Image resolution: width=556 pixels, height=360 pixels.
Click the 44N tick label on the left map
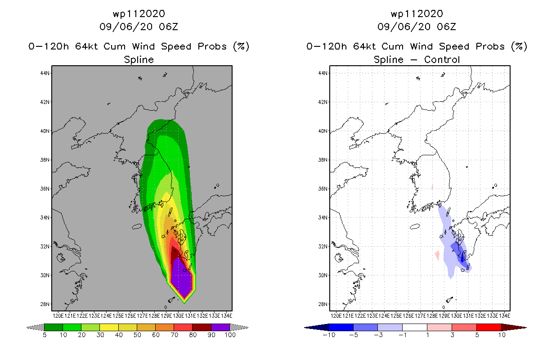45,73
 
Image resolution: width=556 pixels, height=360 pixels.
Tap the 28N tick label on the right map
323,304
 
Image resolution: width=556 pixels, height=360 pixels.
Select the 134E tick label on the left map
226,316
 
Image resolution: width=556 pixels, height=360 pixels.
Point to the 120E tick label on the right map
336,316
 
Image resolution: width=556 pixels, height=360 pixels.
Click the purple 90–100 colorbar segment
220,327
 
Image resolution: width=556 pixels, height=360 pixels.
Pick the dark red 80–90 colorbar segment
202,327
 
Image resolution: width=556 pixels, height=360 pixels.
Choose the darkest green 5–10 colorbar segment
54,327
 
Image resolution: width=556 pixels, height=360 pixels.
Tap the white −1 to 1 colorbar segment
415,327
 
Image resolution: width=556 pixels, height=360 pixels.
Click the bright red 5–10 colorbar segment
489,327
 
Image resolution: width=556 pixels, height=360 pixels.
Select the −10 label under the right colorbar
329,335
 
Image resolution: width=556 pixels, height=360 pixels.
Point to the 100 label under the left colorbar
230,335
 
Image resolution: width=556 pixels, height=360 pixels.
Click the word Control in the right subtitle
442,60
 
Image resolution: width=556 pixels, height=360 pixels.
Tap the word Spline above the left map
139,60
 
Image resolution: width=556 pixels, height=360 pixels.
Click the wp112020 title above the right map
417,13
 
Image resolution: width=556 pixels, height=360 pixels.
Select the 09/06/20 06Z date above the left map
139,27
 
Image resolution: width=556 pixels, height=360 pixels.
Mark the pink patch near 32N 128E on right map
437,255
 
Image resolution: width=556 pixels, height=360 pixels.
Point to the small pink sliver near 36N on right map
432,186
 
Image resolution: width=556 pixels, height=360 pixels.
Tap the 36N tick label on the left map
45,189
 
